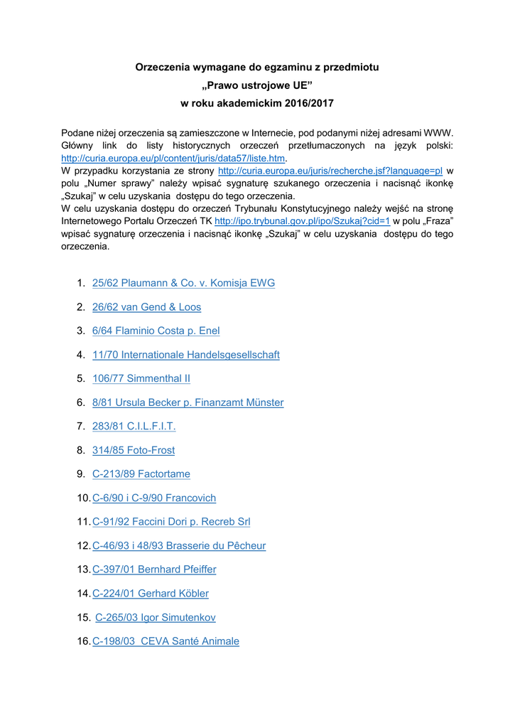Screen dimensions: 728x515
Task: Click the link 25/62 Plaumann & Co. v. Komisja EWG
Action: click(183, 283)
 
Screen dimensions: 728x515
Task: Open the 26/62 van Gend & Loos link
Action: click(146, 307)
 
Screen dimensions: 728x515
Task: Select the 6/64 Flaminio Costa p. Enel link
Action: click(156, 331)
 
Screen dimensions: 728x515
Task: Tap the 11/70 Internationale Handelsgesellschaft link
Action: click(185, 355)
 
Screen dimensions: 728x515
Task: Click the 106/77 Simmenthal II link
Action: click(141, 378)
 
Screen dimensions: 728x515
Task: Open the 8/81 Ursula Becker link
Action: click(188, 402)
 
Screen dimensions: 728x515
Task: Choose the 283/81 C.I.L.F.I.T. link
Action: click(134, 426)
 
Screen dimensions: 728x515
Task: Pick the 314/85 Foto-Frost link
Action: click(133, 450)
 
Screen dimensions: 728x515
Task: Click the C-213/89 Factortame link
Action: click(141, 473)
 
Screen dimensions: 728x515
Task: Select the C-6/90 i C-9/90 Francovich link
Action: click(154, 498)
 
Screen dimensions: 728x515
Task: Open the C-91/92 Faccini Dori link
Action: click(171, 521)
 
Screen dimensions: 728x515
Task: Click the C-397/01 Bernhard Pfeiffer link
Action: click(154, 569)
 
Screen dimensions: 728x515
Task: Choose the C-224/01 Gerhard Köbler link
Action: click(151, 593)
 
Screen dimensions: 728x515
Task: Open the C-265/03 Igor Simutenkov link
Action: click(156, 617)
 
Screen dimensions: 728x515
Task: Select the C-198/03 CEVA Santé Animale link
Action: click(166, 641)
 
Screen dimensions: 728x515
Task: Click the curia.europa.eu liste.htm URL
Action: click(173, 158)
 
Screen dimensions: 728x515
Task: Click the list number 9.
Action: click(81, 473)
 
